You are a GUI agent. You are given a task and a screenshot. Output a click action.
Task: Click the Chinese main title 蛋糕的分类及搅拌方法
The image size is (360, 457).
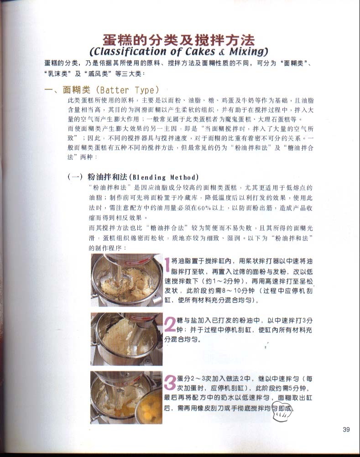point(179,40)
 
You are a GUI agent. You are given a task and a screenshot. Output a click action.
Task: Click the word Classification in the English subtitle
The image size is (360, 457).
point(128,52)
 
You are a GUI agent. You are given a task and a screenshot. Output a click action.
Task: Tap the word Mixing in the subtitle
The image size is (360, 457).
point(249,52)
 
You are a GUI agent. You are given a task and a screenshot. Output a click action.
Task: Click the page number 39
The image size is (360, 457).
point(346,429)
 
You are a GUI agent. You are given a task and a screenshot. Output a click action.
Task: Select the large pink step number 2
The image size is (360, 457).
point(170,324)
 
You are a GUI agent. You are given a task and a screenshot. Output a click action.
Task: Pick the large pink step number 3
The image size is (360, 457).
point(170,382)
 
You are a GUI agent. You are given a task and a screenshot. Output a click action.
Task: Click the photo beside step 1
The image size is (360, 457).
point(127,280)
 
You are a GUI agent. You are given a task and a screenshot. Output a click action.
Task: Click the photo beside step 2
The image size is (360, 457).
point(126,339)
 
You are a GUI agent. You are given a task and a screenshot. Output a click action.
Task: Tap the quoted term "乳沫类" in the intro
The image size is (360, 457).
point(58,73)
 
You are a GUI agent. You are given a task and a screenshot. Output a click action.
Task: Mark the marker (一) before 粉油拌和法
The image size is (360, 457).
point(75,177)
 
